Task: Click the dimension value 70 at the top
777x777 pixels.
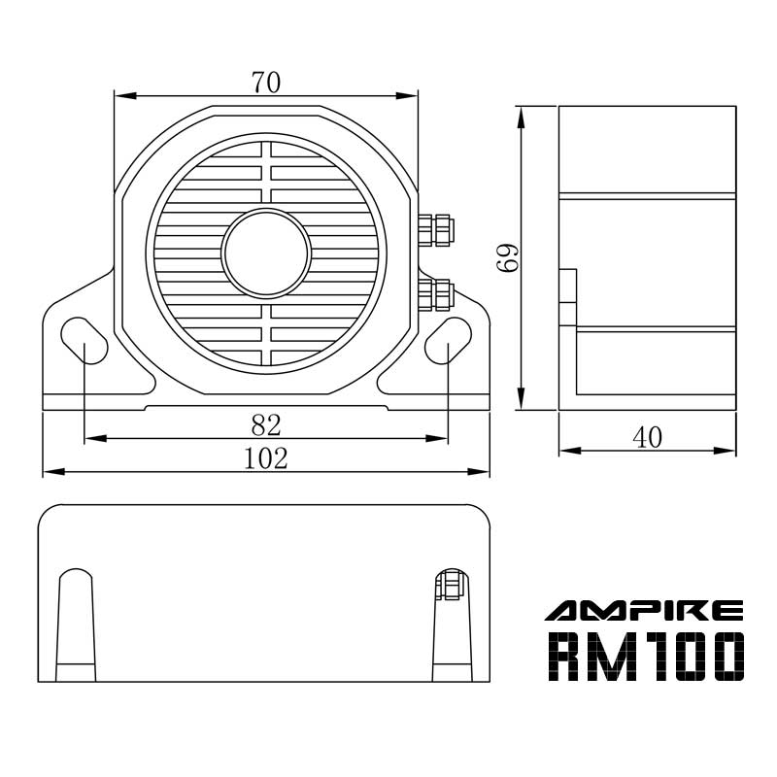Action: click(x=265, y=83)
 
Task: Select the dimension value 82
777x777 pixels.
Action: click(x=265, y=424)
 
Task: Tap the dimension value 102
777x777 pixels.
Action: click(x=265, y=458)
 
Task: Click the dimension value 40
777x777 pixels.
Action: click(x=647, y=438)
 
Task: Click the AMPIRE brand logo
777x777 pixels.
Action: click(x=644, y=610)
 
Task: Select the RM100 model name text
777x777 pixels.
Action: click(x=647, y=657)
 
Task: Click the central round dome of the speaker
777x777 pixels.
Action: click(x=265, y=253)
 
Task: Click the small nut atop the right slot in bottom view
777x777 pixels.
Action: click(x=449, y=586)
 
